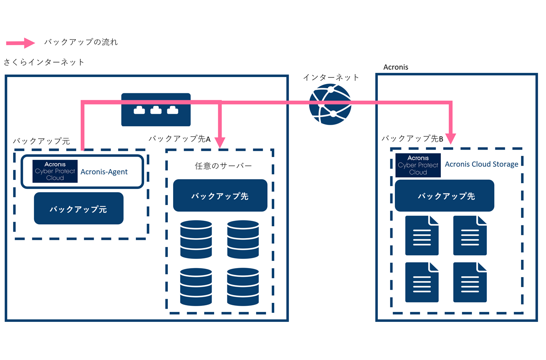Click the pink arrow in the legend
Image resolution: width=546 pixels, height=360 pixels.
pos(21,42)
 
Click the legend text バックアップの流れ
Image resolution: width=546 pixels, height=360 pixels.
pos(81,42)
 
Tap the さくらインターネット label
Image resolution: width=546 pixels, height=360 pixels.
pos(44,62)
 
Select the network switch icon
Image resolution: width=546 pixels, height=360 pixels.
pos(156,109)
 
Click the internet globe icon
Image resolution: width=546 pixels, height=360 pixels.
pos(330,104)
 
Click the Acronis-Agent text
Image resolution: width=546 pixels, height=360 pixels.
pos(104,172)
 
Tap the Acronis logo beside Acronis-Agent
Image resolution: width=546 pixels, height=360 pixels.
pos(55,171)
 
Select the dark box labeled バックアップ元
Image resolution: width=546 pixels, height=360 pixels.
pos(79,208)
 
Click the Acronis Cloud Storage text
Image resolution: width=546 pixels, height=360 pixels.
pos(481,164)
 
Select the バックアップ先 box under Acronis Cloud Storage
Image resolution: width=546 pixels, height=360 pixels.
pos(445,196)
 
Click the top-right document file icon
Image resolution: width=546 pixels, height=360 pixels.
pos(470,235)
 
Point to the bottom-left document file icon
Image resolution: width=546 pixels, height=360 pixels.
pos(421,282)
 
